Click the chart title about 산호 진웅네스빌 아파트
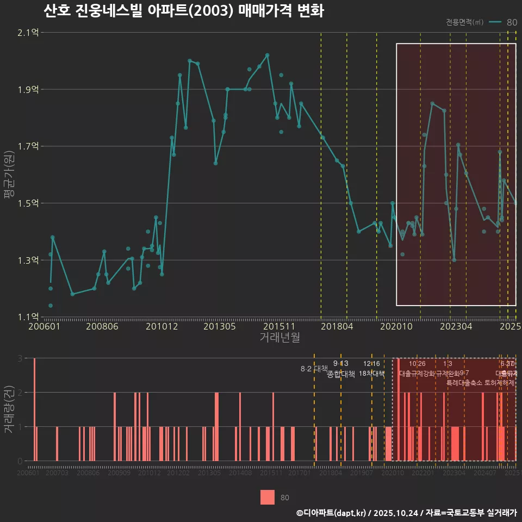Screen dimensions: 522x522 (x=184, y=10)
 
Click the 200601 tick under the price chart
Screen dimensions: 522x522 (x=44, y=327)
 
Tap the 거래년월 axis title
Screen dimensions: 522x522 (x=279, y=338)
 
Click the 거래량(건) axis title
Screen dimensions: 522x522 (x=9, y=409)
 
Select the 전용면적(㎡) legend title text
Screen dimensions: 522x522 (x=464, y=22)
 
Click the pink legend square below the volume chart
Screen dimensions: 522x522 (x=267, y=497)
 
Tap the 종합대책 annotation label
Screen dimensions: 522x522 (x=341, y=374)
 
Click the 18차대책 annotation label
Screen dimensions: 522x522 (x=371, y=374)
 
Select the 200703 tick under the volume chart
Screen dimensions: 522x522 (x=57, y=474)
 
